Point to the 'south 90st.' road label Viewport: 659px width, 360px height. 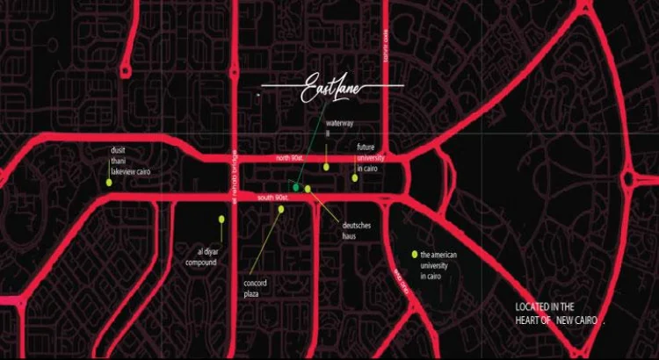273,198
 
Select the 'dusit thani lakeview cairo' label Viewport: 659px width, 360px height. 126,161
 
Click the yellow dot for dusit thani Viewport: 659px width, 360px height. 109,183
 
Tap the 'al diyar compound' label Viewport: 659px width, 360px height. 200,256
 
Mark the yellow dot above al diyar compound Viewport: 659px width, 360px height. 221,219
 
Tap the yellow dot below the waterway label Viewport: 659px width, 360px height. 326,166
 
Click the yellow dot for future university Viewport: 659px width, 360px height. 355,178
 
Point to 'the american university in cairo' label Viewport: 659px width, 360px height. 444,266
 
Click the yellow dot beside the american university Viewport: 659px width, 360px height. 413,255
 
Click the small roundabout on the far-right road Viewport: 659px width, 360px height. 627,179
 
